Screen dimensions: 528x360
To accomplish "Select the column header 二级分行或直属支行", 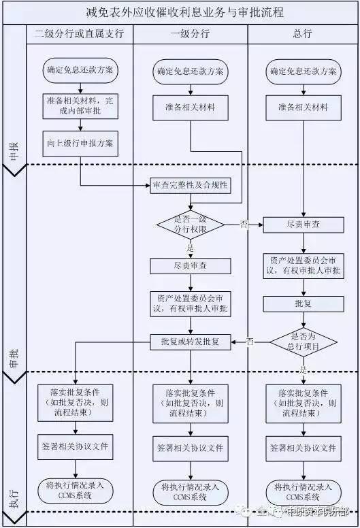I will pos(80,33).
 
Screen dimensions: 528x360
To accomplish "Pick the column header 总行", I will pos(302,33).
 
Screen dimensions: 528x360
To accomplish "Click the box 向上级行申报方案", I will pos(80,144).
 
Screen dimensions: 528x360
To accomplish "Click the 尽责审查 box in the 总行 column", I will pos(303,223).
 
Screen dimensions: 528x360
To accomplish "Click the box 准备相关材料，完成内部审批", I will pos(80,106).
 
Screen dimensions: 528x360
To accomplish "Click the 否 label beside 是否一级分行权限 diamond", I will pos(244,224).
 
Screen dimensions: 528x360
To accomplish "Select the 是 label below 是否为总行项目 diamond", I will pos(303,369).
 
